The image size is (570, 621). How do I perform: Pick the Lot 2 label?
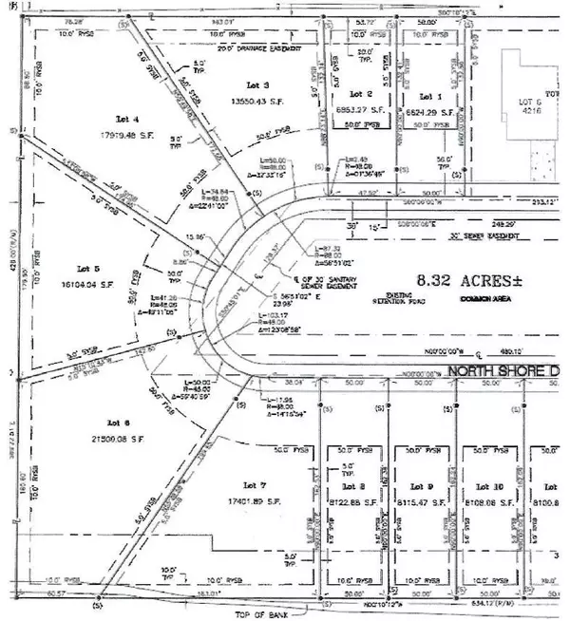click(359, 96)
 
